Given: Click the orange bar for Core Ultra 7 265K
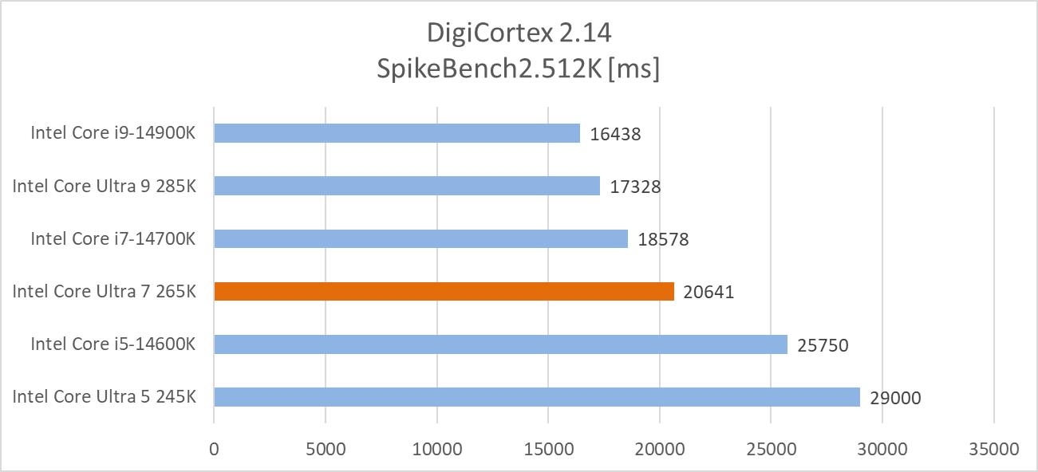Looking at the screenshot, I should click(444, 292).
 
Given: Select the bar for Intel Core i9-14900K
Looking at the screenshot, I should click(397, 133).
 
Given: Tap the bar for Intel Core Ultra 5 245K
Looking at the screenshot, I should click(537, 397).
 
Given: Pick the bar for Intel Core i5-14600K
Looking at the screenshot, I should click(500, 344).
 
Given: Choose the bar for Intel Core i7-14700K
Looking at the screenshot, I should click(420, 238).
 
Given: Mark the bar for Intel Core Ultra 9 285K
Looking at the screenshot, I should click(407, 186).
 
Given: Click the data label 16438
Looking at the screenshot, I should click(615, 134).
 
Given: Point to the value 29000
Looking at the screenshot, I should click(895, 398).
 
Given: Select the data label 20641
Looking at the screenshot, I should click(708, 293).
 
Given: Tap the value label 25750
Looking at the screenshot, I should click(823, 345).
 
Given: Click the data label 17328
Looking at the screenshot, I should click(635, 187).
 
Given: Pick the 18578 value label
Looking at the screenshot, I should click(663, 239).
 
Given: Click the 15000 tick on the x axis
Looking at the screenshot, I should click(548, 449).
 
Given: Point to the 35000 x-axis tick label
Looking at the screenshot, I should click(993, 449).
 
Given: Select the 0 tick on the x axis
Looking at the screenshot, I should click(214, 449).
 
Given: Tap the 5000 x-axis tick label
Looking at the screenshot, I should click(326, 449).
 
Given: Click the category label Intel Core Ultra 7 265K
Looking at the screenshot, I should click(104, 292).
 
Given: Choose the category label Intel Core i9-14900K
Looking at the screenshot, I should click(113, 133).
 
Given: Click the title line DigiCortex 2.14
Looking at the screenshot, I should click(519, 33).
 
